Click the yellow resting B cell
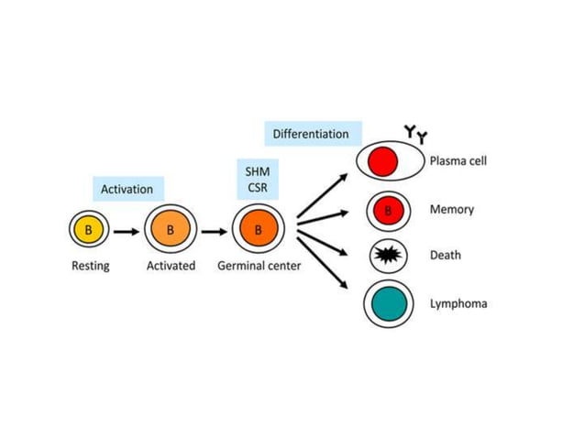pyautogui.click(x=88, y=230)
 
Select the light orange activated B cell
pyautogui.click(x=171, y=230)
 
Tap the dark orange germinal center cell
pyautogui.click(x=258, y=230)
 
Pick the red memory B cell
pyautogui.click(x=387, y=211)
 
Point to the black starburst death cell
pyautogui.click(x=387, y=256)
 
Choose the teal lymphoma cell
pyautogui.click(x=387, y=303)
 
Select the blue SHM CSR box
pyautogui.click(x=258, y=180)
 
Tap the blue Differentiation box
pyautogui.click(x=311, y=134)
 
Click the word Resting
pyautogui.click(x=90, y=267)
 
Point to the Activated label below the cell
pyautogui.click(x=171, y=267)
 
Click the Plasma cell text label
pyautogui.click(x=458, y=161)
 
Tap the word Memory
pyautogui.click(x=452, y=210)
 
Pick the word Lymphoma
pyautogui.click(x=458, y=303)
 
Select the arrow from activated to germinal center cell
pyautogui.click(x=213, y=230)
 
